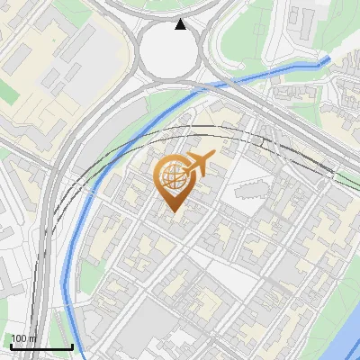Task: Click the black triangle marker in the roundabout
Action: [x=181, y=24]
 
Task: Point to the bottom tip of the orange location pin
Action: [x=172, y=211]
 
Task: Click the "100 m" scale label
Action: [x=23, y=338]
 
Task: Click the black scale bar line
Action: [x=40, y=346]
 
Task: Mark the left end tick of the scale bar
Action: [x=9, y=345]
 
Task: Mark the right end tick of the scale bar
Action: [x=72, y=345]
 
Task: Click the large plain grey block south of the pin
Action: [x=148, y=337]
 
